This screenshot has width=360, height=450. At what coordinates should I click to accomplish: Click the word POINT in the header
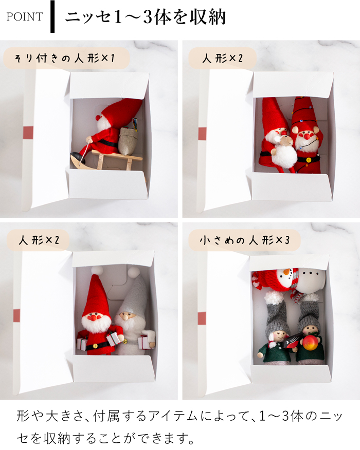[24, 16]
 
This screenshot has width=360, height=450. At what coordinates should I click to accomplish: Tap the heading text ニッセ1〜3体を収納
[145, 16]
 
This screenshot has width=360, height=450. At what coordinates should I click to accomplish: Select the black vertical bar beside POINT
[52, 16]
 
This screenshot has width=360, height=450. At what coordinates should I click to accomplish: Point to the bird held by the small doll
[289, 341]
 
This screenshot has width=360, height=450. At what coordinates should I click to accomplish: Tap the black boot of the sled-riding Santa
[77, 154]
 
